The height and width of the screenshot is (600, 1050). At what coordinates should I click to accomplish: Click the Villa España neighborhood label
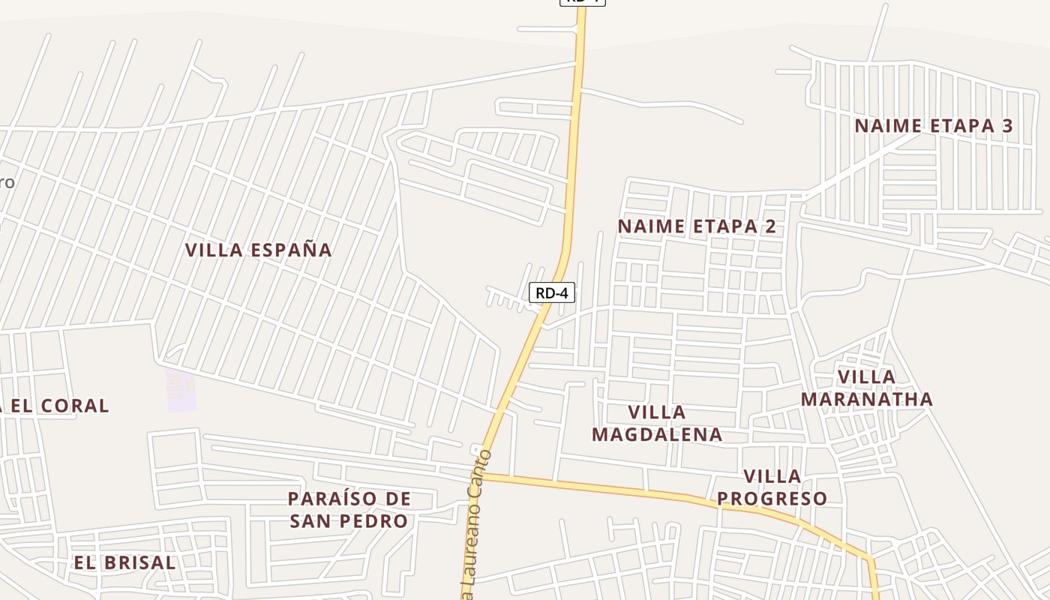258,250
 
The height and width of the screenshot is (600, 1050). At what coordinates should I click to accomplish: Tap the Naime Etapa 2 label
696,226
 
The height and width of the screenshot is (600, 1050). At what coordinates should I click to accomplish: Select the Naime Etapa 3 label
933,126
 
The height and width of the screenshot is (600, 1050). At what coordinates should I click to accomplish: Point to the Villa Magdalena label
657,423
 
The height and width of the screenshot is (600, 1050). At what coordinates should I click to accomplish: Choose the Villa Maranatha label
866,388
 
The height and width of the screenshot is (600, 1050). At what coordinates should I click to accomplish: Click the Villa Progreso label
772,487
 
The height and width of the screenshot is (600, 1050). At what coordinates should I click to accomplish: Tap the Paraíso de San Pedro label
349,510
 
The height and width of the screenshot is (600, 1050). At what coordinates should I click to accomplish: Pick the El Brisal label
124,562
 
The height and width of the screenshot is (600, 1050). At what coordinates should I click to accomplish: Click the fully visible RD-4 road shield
552,293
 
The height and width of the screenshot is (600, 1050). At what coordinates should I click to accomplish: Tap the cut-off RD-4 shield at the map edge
582,2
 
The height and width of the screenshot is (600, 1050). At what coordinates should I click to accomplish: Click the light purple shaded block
181,390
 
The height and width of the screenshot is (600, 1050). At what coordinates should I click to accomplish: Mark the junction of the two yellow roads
481,475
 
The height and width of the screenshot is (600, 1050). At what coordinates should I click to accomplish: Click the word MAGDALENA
657,434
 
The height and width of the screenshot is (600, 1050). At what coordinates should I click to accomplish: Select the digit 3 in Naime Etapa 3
1006,126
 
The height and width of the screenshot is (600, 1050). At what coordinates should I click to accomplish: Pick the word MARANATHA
866,399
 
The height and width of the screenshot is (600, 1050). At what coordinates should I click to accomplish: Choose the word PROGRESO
772,499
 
